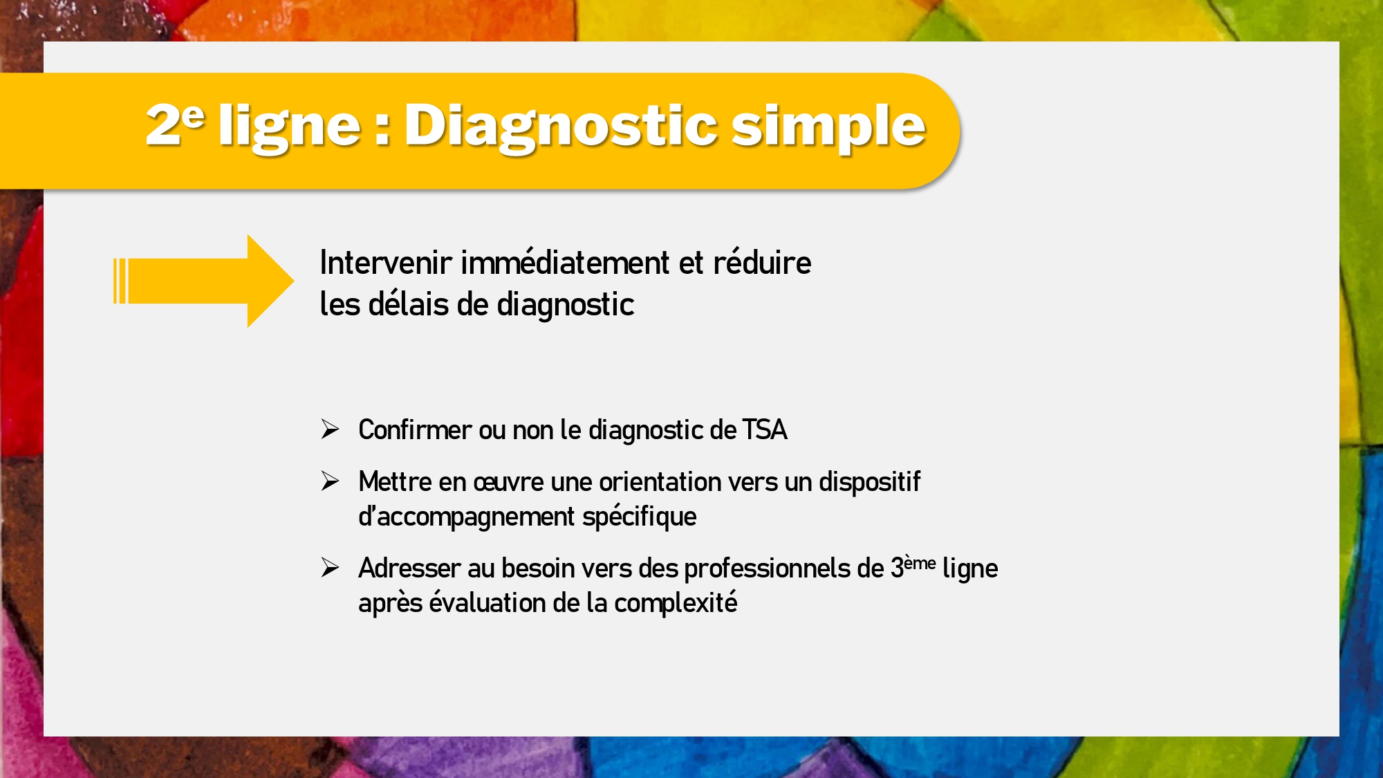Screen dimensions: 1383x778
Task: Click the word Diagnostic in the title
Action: (561, 127)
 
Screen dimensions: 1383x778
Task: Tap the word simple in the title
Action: (828, 127)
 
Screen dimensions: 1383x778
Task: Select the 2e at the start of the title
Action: (175, 124)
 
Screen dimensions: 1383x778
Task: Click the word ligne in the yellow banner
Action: (290, 127)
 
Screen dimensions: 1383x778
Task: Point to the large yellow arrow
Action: (204, 281)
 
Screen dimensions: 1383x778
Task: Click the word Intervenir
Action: (386, 263)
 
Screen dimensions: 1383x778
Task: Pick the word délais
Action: (408, 304)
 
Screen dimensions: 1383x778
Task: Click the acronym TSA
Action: (765, 430)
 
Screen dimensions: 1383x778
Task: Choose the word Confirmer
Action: (415, 430)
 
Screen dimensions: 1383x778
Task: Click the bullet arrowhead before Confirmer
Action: (330, 429)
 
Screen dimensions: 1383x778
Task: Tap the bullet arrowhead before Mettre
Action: (330, 481)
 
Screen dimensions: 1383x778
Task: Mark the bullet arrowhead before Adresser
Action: (330, 567)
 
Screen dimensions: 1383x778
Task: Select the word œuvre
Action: (508, 482)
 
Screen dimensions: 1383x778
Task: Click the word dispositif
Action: (870, 482)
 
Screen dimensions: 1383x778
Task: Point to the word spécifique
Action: (640, 517)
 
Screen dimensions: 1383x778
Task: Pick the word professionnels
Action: (767, 568)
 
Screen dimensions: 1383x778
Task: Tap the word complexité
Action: (676, 603)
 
